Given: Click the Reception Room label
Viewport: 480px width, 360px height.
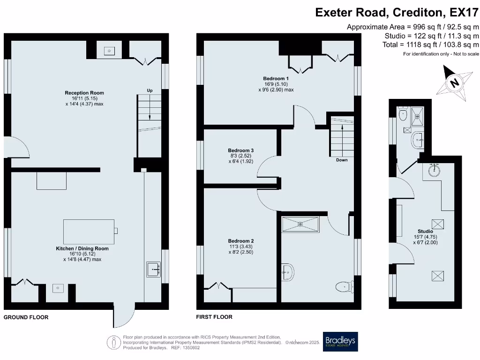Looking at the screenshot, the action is (84, 93).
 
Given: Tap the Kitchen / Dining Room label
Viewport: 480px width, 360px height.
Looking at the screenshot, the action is (82, 248).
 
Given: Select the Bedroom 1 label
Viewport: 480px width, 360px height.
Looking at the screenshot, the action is (276, 78).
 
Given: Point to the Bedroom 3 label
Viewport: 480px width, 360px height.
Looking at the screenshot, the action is (240, 150).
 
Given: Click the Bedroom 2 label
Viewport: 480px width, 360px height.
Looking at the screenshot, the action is (240, 241).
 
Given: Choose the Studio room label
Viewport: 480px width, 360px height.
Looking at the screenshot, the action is (425, 232).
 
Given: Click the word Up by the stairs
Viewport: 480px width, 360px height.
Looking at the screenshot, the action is (150, 90).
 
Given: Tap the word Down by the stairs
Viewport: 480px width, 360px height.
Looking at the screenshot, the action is (342, 160).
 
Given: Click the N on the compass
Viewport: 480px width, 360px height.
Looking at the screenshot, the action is (455, 82).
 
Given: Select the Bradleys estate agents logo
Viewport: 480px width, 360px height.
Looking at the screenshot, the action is (340, 342).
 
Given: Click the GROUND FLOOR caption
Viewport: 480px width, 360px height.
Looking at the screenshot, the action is (26, 317).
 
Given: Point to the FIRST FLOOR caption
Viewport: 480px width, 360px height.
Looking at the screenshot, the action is (214, 317).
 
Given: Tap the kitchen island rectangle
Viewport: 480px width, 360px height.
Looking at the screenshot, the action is (89, 232).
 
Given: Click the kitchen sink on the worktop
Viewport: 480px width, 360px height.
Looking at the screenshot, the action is (153, 270).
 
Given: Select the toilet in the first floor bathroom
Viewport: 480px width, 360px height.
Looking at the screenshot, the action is (345, 287).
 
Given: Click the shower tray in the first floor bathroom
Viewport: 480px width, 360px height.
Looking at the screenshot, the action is (300, 225).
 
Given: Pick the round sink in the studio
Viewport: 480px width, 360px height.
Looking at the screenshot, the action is (435, 170).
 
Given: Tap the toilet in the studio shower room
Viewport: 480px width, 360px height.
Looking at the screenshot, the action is (403, 113).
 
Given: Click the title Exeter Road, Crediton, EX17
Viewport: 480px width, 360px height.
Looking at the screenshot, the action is (397, 13).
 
